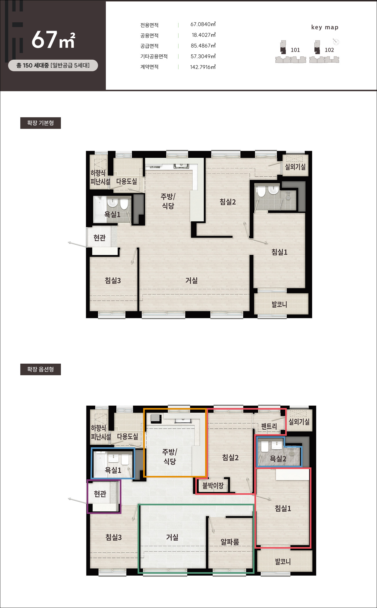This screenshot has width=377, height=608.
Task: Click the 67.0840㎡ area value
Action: click(x=203, y=24)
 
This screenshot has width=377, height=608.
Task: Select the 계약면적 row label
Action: click(x=149, y=67)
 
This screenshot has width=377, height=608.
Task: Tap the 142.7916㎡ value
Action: click(x=203, y=67)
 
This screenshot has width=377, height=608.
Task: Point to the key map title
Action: click(x=325, y=27)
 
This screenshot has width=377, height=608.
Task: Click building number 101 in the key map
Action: click(x=295, y=50)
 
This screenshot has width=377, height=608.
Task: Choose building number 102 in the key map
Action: click(x=329, y=50)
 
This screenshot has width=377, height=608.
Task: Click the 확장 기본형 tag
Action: click(x=41, y=123)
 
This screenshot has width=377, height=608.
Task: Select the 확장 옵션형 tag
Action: click(x=41, y=369)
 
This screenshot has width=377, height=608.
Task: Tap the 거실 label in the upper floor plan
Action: click(x=191, y=280)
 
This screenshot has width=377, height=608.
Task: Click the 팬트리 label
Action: click(x=269, y=426)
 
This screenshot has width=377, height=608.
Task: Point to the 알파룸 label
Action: click(x=230, y=542)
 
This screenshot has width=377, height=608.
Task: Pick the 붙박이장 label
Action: click(x=213, y=486)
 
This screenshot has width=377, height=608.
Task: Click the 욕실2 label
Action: click(x=278, y=459)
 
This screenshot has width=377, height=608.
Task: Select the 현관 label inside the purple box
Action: click(x=100, y=494)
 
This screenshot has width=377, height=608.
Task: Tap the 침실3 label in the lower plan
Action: click(x=113, y=537)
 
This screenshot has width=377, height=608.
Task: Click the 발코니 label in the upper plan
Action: click(x=279, y=304)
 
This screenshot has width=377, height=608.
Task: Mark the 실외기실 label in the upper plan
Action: click(x=295, y=167)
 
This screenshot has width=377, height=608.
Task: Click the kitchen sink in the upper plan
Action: click(x=181, y=166)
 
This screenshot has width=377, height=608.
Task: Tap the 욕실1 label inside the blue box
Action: click(x=113, y=470)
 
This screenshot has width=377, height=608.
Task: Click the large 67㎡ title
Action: click(x=53, y=40)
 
